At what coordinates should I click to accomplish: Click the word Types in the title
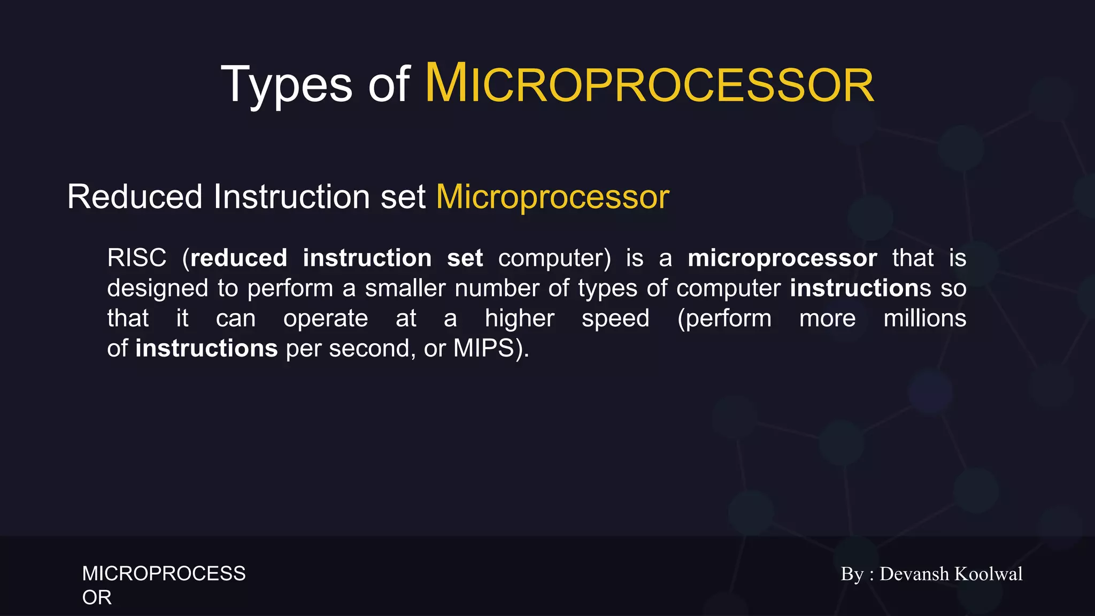tap(287, 84)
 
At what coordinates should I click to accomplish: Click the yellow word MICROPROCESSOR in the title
tap(649, 84)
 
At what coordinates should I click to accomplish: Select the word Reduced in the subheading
tap(135, 197)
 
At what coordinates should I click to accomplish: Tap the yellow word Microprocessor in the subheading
tap(552, 197)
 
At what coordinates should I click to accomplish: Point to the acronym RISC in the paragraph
tap(137, 258)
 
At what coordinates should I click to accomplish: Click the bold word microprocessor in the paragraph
tap(782, 258)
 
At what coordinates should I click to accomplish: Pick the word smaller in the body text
tap(405, 289)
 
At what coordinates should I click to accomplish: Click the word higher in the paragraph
tap(519, 319)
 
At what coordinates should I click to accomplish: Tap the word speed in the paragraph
tap(615, 319)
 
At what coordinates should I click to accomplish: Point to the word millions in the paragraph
tap(924, 319)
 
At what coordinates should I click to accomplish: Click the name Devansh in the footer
tap(914, 574)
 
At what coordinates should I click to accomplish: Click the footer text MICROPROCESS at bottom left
tap(164, 574)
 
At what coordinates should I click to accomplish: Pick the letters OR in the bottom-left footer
tap(97, 598)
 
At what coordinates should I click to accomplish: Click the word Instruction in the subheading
tap(292, 197)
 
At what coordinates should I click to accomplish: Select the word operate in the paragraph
tap(326, 319)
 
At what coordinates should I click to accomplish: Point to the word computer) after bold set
tap(554, 258)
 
